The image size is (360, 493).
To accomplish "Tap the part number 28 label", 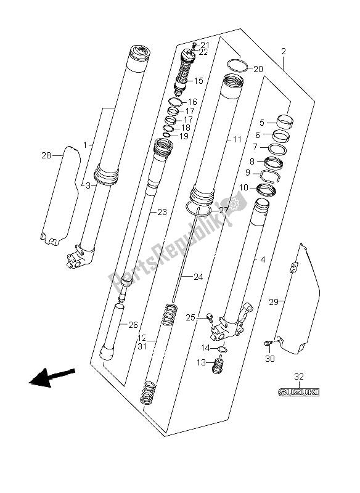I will point(47,155).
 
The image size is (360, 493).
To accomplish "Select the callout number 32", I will point(299,376).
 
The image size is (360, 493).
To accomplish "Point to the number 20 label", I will point(258,68).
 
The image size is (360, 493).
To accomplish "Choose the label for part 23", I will point(162,212).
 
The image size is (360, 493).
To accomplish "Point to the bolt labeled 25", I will point(210,317).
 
